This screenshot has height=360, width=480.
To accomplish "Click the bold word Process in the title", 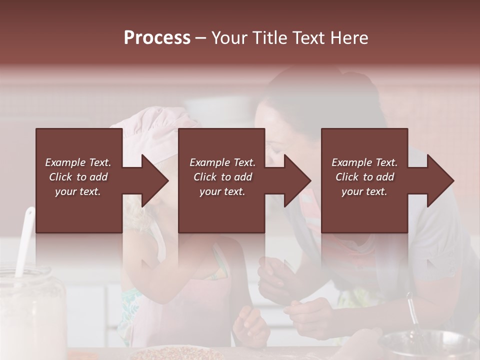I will [x=157, y=38].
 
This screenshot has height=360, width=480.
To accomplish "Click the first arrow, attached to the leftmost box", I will [x=150, y=180].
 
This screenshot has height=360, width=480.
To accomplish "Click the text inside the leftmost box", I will [x=78, y=177].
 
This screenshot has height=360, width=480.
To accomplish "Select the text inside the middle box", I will [x=222, y=177].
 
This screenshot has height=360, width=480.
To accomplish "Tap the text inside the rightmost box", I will [x=364, y=177].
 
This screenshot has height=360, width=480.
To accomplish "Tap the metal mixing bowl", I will [x=430, y=345].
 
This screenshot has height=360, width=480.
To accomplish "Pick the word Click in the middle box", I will [x=204, y=177].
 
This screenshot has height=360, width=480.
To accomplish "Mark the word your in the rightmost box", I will [x=352, y=191].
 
